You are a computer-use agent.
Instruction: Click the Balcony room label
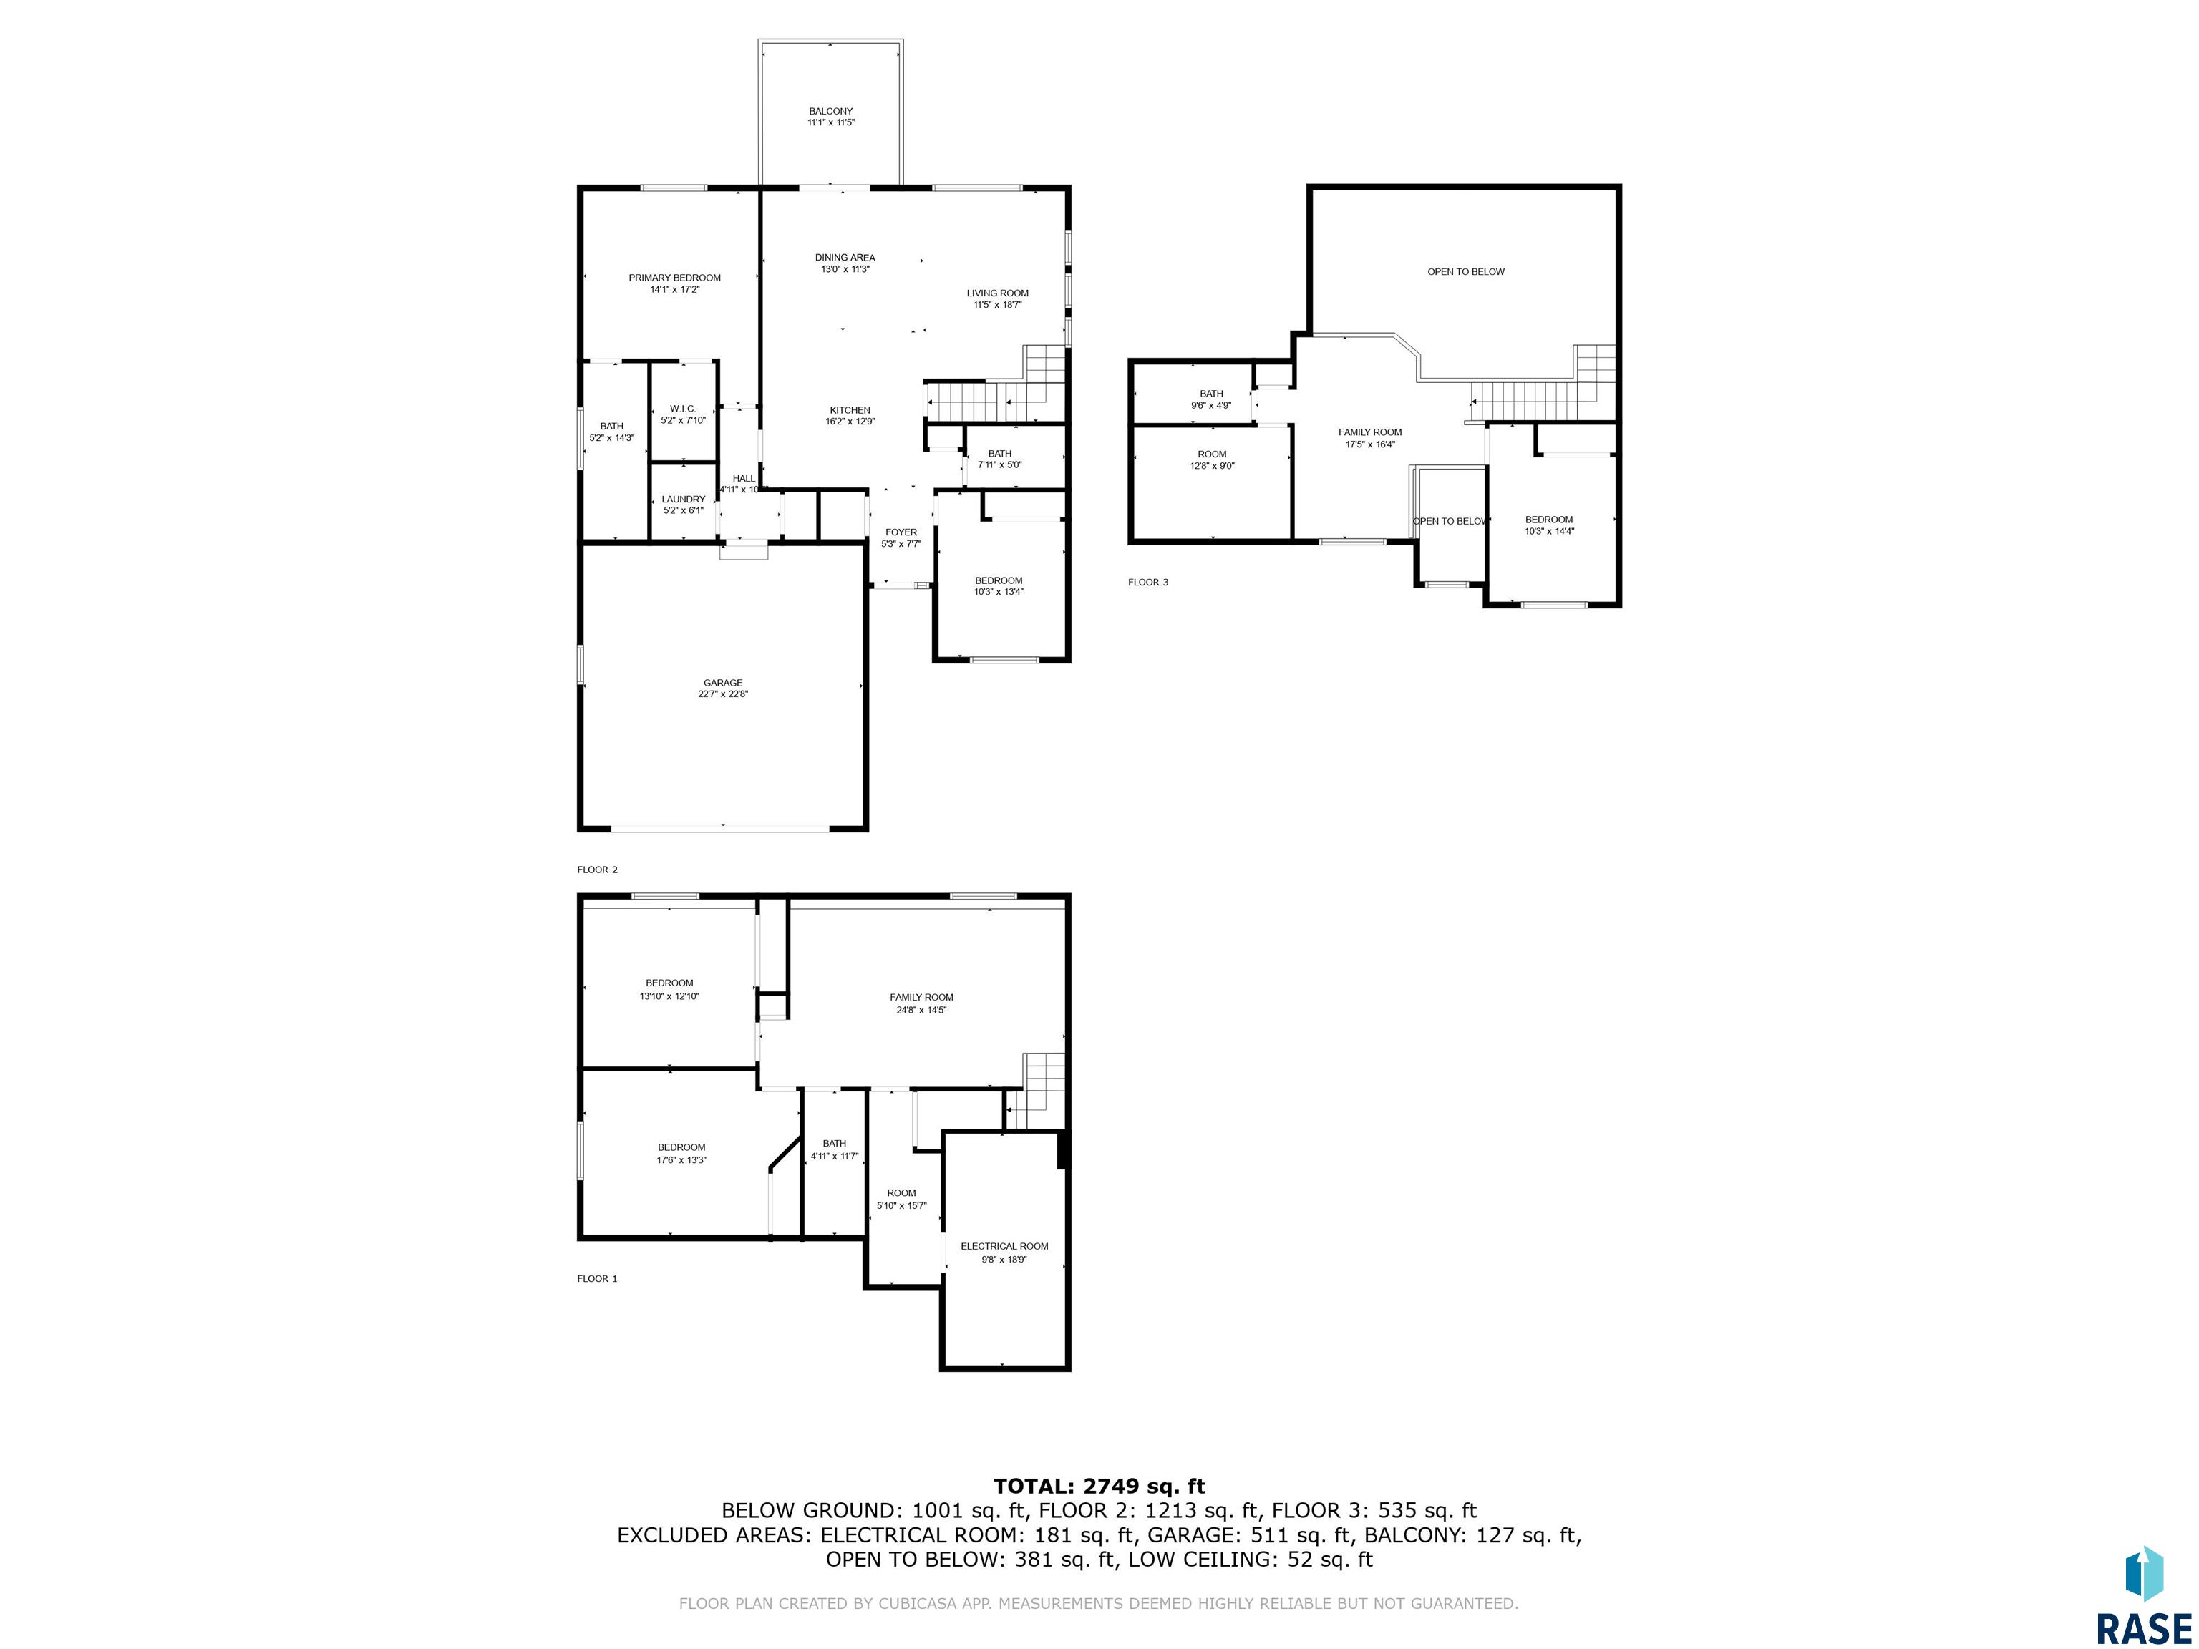[830, 116]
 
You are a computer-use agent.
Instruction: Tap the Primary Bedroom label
[675, 283]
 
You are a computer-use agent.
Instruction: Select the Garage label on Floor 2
[723, 688]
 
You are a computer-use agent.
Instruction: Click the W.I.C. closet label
[683, 414]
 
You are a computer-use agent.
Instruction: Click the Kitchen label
[850, 416]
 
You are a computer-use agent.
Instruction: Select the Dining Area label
[845, 263]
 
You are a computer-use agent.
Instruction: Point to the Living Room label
[997, 298]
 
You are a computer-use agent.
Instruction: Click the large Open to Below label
[1465, 271]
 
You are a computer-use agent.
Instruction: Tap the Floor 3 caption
[1148, 581]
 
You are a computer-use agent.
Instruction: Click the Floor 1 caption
[598, 1278]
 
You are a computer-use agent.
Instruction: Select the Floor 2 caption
[598, 870]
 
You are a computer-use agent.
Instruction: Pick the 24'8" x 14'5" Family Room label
[921, 1003]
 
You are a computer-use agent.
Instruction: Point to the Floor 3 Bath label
[1211, 399]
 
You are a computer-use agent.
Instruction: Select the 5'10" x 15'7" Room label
[902, 1199]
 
